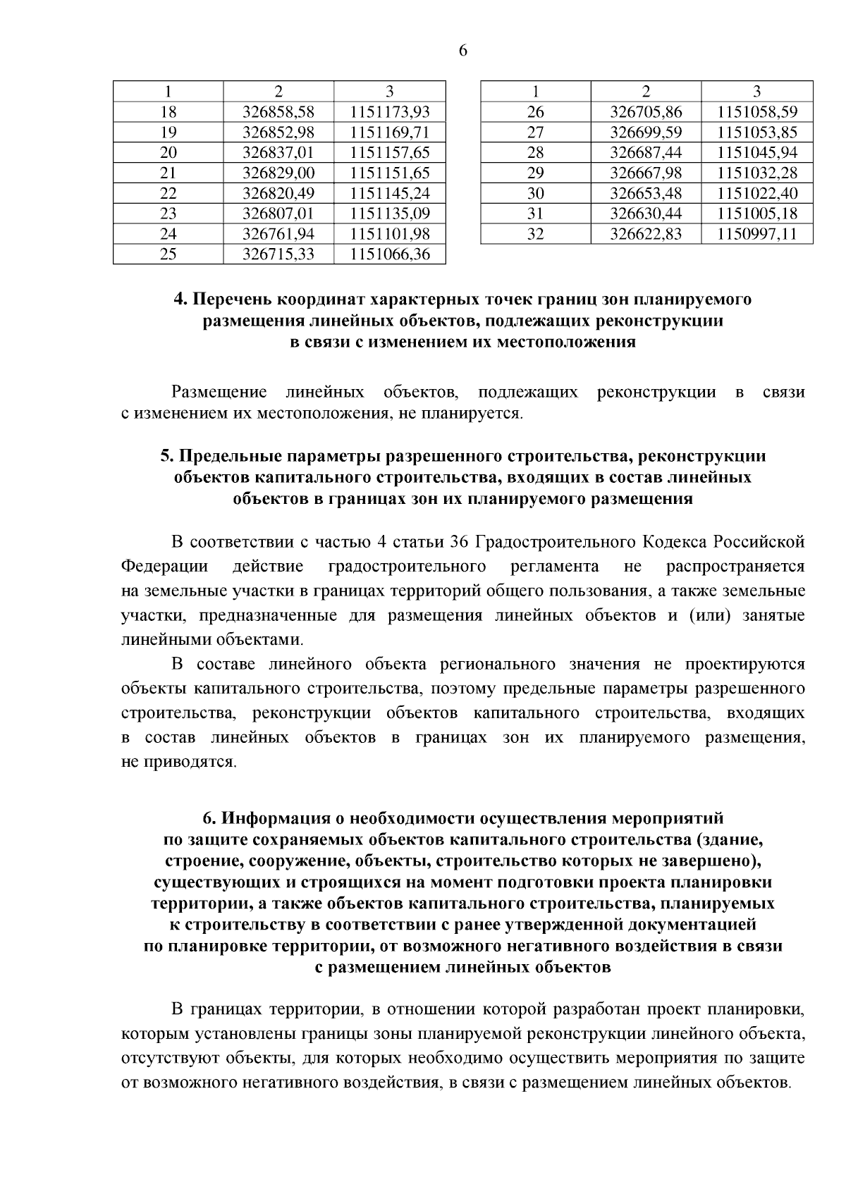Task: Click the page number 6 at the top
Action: pos(462,51)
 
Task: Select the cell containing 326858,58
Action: pos(278,112)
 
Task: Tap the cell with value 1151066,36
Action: pos(390,254)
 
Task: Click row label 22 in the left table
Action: pos(168,194)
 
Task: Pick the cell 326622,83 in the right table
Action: pos(645,234)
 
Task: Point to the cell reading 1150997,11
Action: pos(756,234)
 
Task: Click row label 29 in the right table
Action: pos(536,173)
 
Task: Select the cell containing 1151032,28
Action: pos(756,173)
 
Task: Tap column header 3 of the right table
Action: pos(756,92)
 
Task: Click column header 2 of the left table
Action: pos(278,92)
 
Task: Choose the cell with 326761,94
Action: pos(278,234)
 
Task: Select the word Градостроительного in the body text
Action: pos(556,542)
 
